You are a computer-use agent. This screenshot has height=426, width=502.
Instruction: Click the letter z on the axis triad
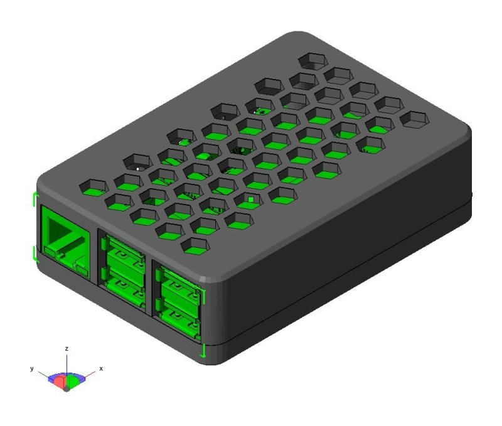[x=67, y=348]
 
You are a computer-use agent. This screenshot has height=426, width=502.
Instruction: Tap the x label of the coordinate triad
[x=100, y=368]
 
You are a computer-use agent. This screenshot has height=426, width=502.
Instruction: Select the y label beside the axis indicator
[x=32, y=369]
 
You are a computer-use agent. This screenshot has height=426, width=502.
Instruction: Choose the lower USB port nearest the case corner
[x=178, y=316]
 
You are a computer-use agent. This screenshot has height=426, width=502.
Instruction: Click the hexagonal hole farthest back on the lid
[x=314, y=60]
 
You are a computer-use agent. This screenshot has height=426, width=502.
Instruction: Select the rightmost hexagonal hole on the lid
[x=415, y=119]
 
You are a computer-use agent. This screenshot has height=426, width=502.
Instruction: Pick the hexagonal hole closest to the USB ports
[x=196, y=246]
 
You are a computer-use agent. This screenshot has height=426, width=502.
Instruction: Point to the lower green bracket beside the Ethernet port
[x=33, y=253]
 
